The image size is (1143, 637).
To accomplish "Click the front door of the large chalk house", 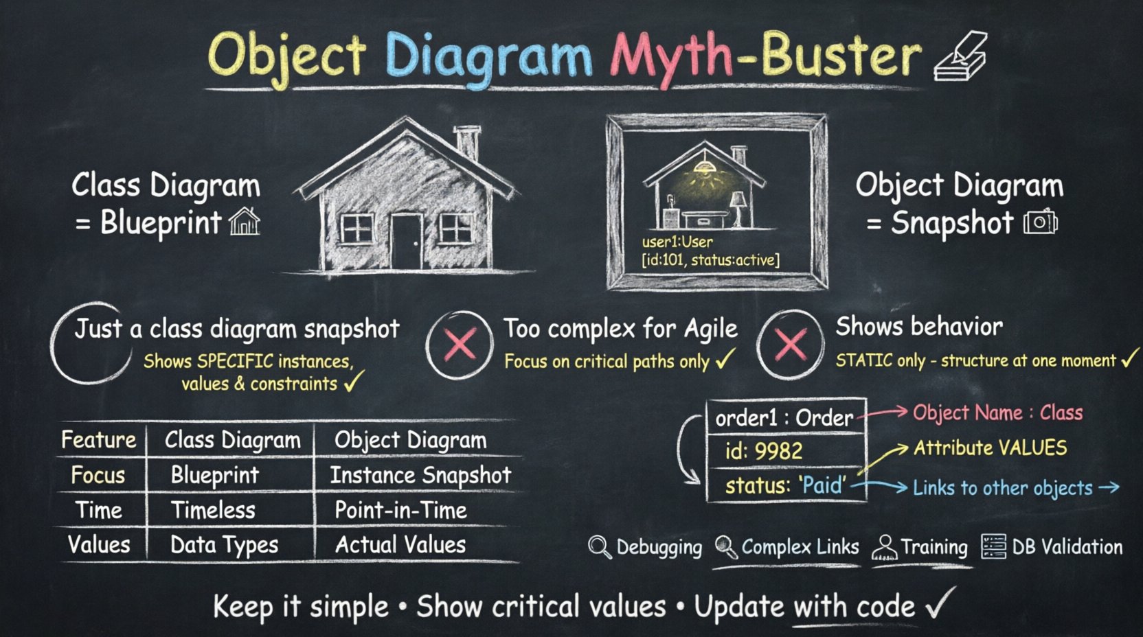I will click(x=406, y=240).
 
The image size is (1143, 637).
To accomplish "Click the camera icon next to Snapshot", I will click(x=1040, y=222).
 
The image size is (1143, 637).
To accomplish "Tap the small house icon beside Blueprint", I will click(x=245, y=222).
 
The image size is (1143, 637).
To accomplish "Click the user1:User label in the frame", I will click(x=677, y=242).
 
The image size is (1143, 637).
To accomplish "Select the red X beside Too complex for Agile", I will click(x=460, y=344).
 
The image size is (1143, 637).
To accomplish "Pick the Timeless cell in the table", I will click(x=213, y=510).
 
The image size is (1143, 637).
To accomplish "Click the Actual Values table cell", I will click(x=400, y=545).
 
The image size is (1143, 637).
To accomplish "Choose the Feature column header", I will click(x=98, y=439).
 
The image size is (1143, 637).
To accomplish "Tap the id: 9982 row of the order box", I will click(x=764, y=451).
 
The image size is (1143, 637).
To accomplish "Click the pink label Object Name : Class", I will click(x=997, y=413).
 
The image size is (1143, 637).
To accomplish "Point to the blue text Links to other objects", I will click(x=1002, y=488).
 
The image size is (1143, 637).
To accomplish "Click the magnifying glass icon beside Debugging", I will click(x=599, y=547).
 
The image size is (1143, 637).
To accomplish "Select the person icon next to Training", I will click(x=885, y=548).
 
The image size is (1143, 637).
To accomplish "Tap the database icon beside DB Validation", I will click(x=993, y=546).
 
